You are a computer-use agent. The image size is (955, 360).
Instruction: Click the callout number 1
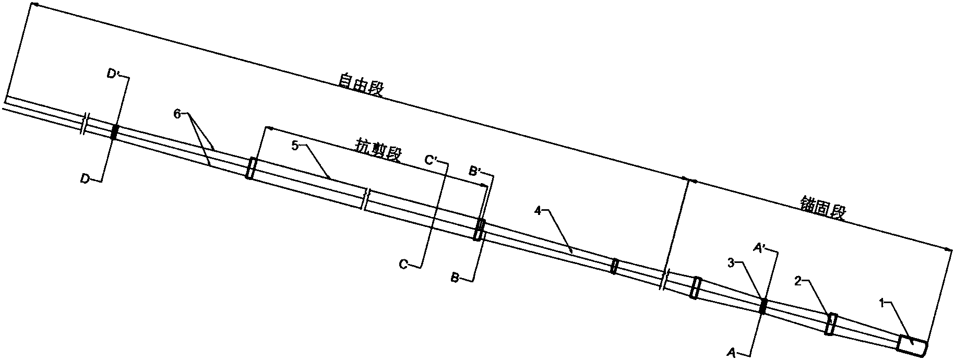[881, 302]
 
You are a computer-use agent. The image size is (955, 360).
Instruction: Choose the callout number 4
[538, 211]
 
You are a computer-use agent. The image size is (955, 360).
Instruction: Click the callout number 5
[294, 147]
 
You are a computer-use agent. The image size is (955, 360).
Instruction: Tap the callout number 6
[177, 114]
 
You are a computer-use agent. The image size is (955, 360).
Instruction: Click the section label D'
[113, 75]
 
